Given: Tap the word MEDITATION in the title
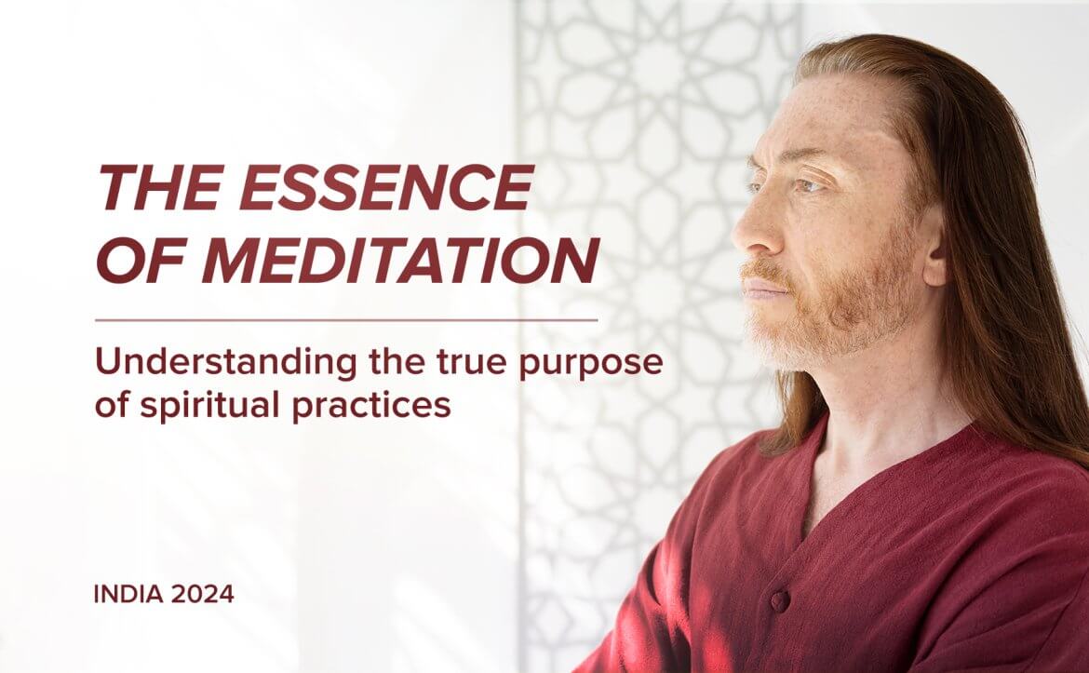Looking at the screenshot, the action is point(401,262).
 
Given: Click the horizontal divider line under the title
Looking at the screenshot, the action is point(346,320).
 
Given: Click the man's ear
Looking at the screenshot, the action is point(934,243).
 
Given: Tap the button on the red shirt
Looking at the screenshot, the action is point(780,600).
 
